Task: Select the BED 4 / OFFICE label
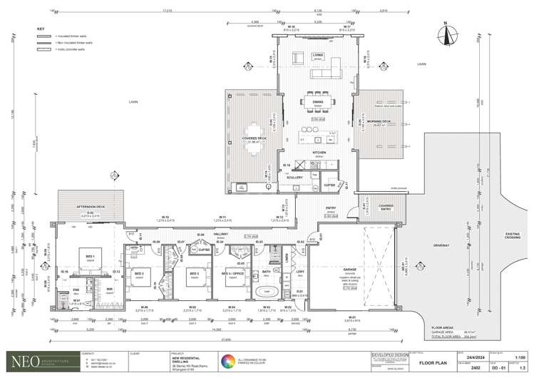pyautogui.click(x=230, y=272)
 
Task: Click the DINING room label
pyautogui.click(x=317, y=103)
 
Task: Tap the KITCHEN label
pyautogui.click(x=318, y=153)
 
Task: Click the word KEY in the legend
pyautogui.click(x=40, y=29)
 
